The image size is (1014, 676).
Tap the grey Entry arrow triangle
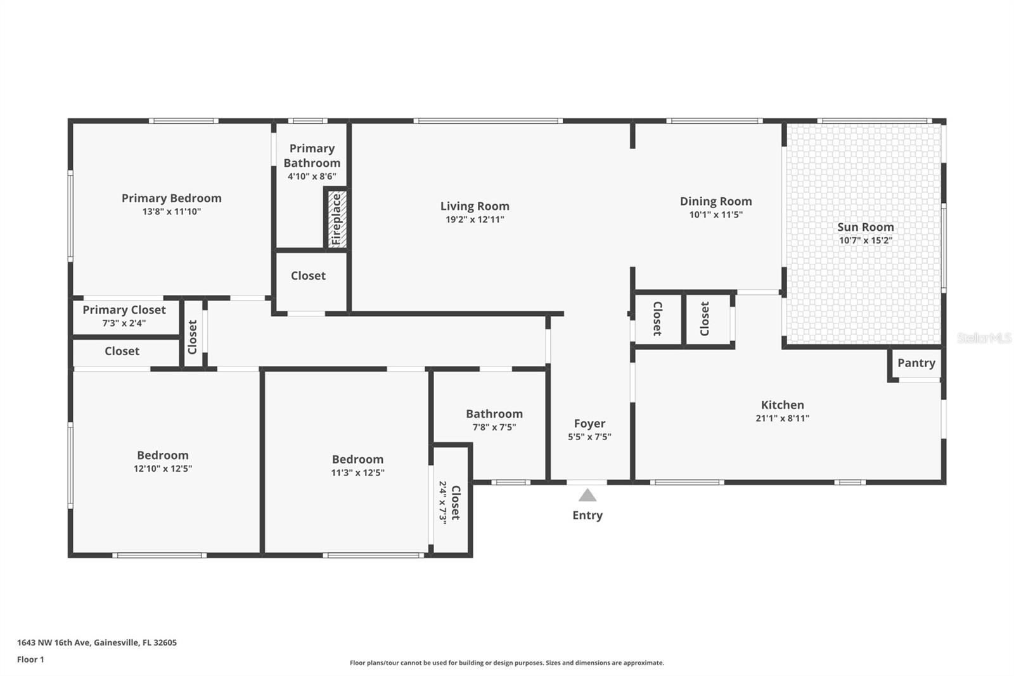pos(587,495)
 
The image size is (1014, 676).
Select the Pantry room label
pos(916,363)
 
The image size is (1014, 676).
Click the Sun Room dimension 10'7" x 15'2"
pos(865,240)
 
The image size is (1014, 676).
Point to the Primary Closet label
pos(124,309)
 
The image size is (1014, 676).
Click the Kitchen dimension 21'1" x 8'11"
pos(782,418)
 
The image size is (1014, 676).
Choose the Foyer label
pos(589,423)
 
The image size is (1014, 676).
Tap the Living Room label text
pos(475,205)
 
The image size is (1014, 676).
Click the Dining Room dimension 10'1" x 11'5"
pos(716,214)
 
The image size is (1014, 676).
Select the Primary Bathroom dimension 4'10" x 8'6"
pos(312,176)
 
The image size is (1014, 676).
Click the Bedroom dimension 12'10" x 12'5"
pos(162,469)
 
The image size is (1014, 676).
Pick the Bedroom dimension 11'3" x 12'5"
pos(357,472)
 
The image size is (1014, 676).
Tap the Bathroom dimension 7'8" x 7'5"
pos(494,427)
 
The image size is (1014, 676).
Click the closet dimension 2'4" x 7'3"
pos(443,501)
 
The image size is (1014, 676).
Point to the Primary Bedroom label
pos(172,198)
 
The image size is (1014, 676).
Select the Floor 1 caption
pos(30,660)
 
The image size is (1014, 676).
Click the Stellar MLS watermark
pos(984,338)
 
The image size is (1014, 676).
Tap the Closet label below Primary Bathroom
pos(308,275)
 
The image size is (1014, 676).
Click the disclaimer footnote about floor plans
pos(507,663)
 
